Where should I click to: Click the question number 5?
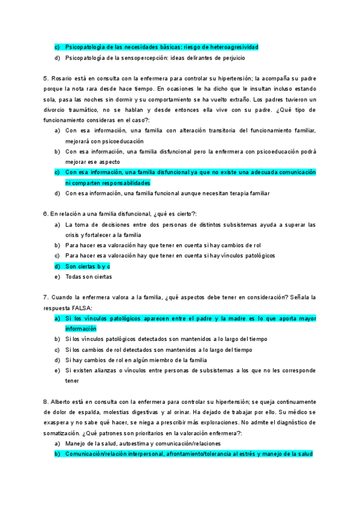click(x=46, y=79)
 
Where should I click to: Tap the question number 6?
click(x=46, y=214)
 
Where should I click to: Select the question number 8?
click(x=46, y=401)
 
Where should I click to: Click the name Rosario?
click(x=62, y=79)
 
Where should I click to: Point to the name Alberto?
click(x=62, y=401)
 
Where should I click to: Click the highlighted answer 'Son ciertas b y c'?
click(x=88, y=266)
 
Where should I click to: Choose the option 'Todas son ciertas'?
click(x=89, y=277)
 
